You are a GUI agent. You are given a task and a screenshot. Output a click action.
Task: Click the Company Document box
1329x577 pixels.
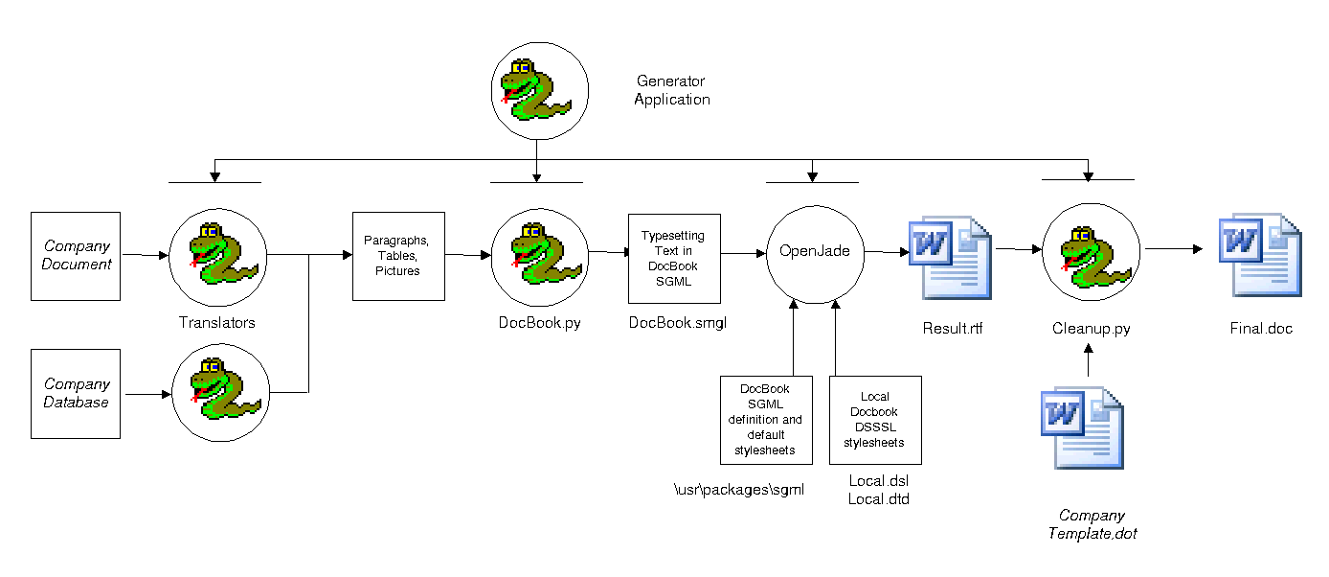point(77,256)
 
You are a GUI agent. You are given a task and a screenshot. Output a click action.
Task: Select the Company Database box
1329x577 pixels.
point(76,394)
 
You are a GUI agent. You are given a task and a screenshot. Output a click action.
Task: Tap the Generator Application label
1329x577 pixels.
point(671,90)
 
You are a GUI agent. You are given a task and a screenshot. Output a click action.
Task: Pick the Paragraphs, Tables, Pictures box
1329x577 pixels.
point(398,256)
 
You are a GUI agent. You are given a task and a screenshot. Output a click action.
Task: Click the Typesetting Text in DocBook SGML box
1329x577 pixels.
point(673,258)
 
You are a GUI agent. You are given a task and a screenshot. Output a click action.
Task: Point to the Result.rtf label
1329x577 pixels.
point(952,329)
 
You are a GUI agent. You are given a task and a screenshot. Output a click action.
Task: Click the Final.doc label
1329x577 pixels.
point(1261,329)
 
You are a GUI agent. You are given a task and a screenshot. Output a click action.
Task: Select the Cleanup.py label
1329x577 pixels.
point(1091,329)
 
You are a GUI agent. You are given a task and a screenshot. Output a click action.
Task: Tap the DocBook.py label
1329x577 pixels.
point(539,323)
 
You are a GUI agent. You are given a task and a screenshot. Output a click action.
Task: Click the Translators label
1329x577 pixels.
point(217,323)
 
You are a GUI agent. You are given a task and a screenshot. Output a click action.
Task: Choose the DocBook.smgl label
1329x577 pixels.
point(677,323)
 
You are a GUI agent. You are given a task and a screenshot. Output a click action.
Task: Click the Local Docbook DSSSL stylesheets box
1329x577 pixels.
point(874,420)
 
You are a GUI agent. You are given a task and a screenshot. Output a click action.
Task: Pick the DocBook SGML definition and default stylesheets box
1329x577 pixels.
point(765,420)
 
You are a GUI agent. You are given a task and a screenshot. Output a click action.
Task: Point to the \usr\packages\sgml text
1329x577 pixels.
point(738,490)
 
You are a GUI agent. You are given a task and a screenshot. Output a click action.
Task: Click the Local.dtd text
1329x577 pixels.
point(878,498)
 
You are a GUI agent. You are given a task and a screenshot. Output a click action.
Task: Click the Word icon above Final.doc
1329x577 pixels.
point(1259,255)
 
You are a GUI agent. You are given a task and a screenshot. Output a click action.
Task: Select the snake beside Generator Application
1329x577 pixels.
point(536,90)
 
